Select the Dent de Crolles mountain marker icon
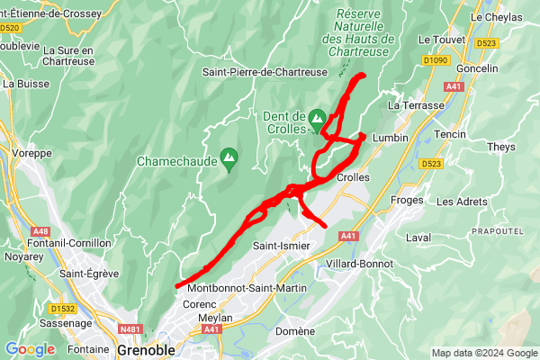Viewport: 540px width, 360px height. [317, 119]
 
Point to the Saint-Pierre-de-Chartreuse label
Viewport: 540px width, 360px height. [265, 72]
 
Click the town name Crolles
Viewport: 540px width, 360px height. [353, 177]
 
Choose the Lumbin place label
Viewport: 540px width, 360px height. [390, 138]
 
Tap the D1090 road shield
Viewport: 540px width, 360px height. [435, 59]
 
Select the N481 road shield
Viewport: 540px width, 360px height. [130, 329]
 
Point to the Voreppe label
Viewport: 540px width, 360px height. [33, 154]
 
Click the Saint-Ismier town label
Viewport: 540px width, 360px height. [281, 246]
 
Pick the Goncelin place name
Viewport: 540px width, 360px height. [477, 68]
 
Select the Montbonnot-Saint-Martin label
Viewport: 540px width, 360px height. [247, 288]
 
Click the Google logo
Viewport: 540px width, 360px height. [30, 349]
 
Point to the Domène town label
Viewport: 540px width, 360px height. [295, 331]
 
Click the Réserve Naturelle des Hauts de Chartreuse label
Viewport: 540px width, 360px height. [358, 32]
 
